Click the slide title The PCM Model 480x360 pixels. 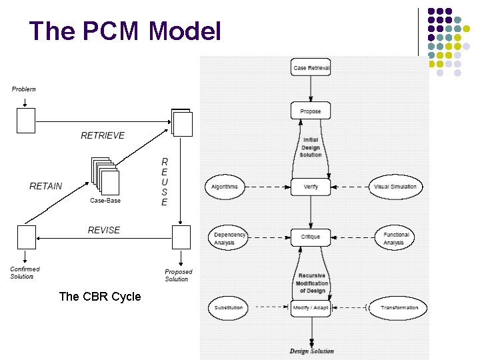(125, 31)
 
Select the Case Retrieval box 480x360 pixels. (311, 68)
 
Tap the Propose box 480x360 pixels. (311, 111)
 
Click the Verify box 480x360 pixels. (311, 187)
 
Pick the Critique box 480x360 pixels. (311, 237)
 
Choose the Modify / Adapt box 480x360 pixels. (311, 307)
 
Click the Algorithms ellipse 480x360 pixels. (225, 187)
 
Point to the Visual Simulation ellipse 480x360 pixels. (395, 187)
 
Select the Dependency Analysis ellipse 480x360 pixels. (229, 238)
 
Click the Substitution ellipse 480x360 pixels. (229, 307)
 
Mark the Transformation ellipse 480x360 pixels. (399, 307)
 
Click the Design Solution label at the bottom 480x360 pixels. (311, 351)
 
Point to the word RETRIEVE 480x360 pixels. (103, 135)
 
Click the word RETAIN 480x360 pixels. (46, 186)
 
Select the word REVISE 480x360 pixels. (104, 230)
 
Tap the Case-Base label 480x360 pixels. (105, 201)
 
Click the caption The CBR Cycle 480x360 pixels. (100, 297)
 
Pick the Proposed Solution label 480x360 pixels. (178, 275)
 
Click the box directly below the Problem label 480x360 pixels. (25, 121)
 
